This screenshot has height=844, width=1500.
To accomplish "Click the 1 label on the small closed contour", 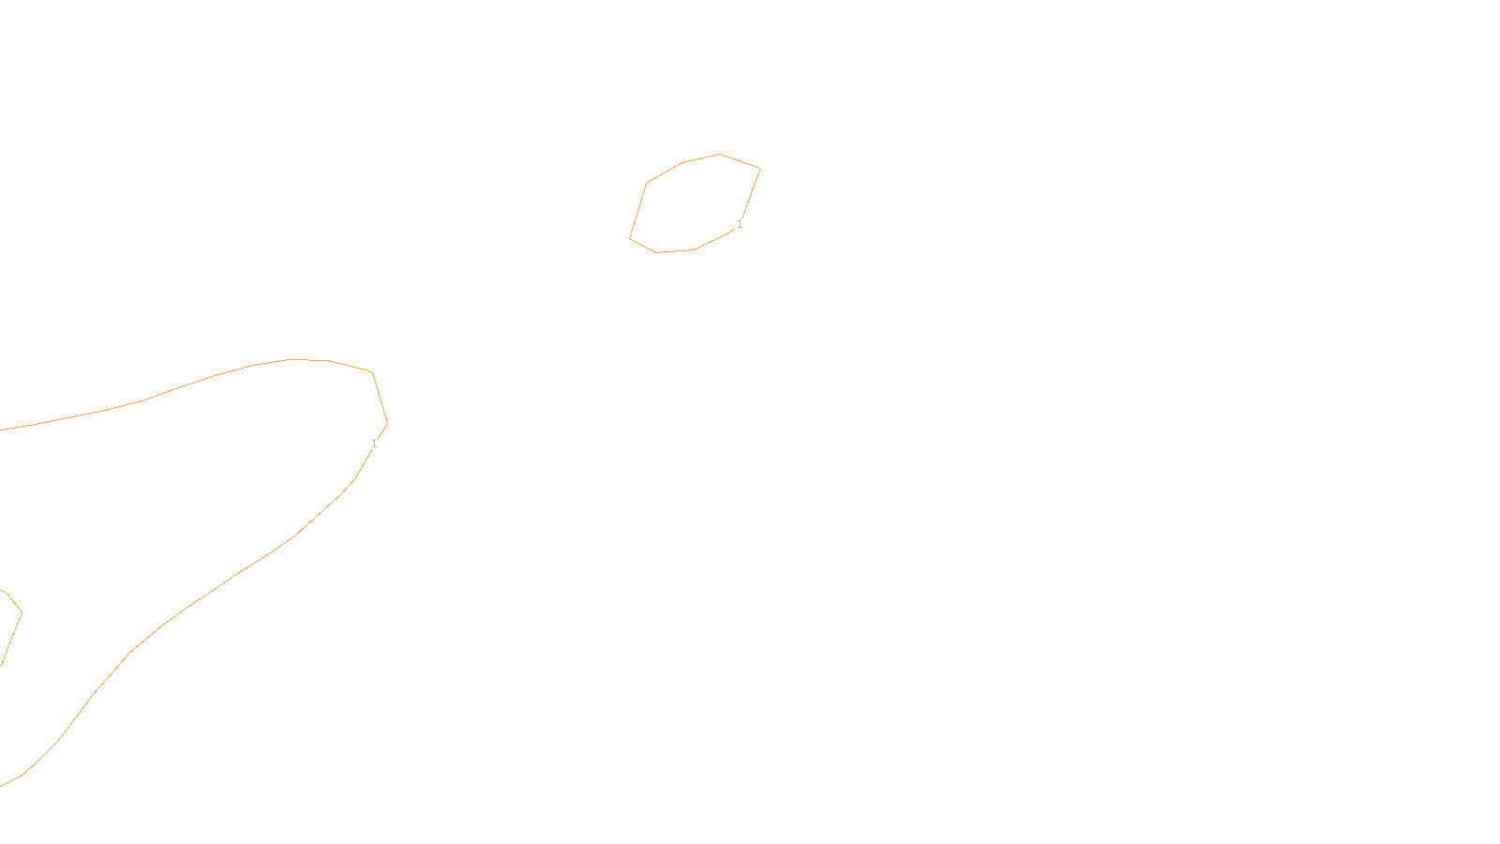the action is [740, 224].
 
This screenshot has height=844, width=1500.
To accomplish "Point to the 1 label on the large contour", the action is [374, 443].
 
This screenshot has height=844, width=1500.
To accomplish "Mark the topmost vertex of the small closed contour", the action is [719, 154].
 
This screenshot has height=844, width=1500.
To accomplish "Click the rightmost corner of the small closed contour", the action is [759, 169].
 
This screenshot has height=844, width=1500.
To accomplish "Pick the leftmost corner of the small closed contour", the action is [630, 238].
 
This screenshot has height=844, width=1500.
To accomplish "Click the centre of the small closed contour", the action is [695, 203].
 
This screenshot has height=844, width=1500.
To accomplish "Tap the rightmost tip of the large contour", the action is [387, 423].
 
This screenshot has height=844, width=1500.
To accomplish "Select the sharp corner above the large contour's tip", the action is [373, 373].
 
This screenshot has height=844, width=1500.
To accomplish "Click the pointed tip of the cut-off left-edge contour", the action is [22, 613].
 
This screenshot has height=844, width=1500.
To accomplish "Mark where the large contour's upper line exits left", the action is [1, 430].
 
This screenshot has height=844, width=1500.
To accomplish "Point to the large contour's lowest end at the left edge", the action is [1, 785].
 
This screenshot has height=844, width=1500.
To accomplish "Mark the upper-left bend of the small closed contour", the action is [647, 183].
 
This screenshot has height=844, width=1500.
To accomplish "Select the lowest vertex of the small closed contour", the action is [656, 252].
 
